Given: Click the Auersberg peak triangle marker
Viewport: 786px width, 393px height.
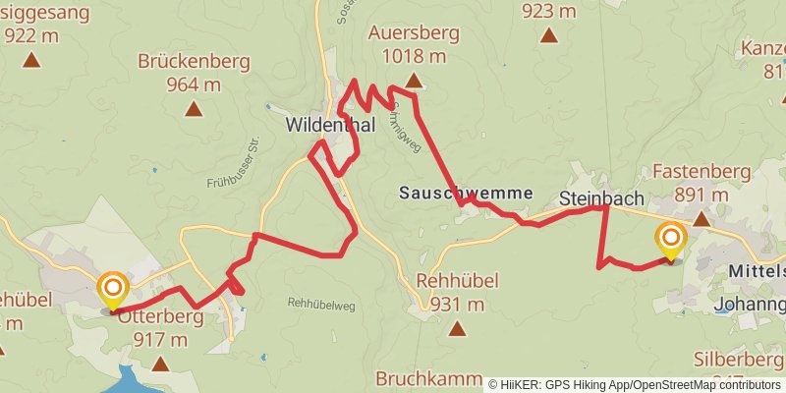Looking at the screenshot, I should click(414, 82).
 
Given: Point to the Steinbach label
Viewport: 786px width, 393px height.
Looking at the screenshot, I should click(601, 198).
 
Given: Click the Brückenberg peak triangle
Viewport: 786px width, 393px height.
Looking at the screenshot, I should click(194, 108).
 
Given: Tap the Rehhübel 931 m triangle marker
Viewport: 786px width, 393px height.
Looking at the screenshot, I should click(456, 327).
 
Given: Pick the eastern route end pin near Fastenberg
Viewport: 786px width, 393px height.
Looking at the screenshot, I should click(671, 240).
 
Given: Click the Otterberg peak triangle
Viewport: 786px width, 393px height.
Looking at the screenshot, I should click(160, 364).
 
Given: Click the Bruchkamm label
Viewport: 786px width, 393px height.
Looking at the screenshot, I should click(428, 379).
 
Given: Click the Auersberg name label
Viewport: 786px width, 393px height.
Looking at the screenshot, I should click(414, 33).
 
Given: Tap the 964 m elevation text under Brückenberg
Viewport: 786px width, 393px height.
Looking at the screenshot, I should click(194, 84).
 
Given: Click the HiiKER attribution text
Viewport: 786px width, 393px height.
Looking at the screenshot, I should click(634, 384).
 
